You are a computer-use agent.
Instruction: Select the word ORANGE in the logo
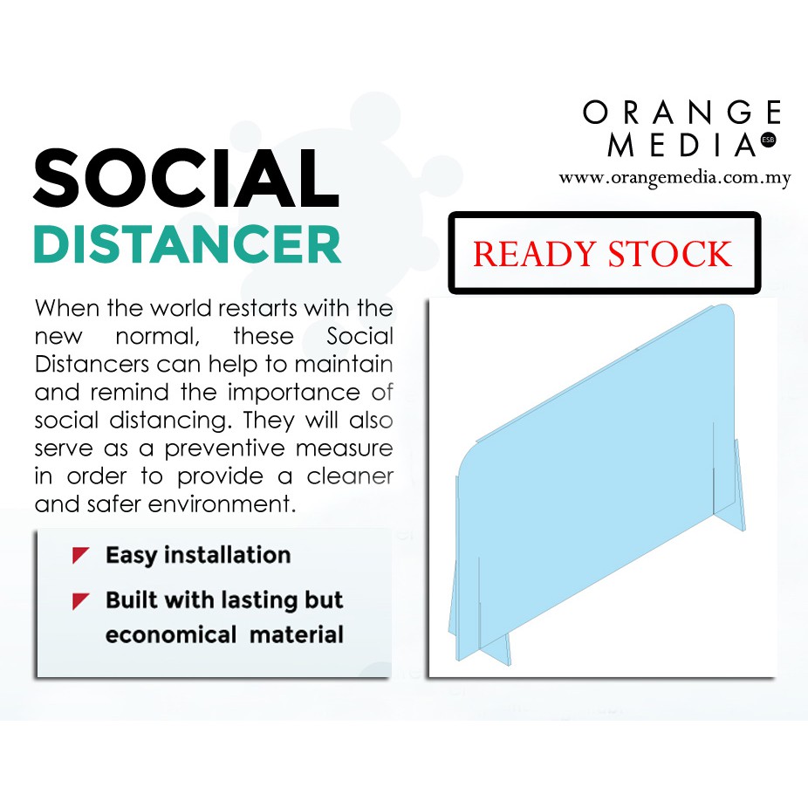[681, 113]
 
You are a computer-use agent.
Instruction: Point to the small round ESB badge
[769, 139]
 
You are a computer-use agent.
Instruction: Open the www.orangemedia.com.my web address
[674, 178]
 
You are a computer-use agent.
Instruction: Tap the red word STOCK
[671, 254]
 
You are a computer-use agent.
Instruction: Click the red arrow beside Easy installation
[81, 555]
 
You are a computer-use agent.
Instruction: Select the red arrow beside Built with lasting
[81, 600]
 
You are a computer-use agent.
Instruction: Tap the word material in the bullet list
[297, 634]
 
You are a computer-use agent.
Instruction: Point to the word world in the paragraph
[181, 309]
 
